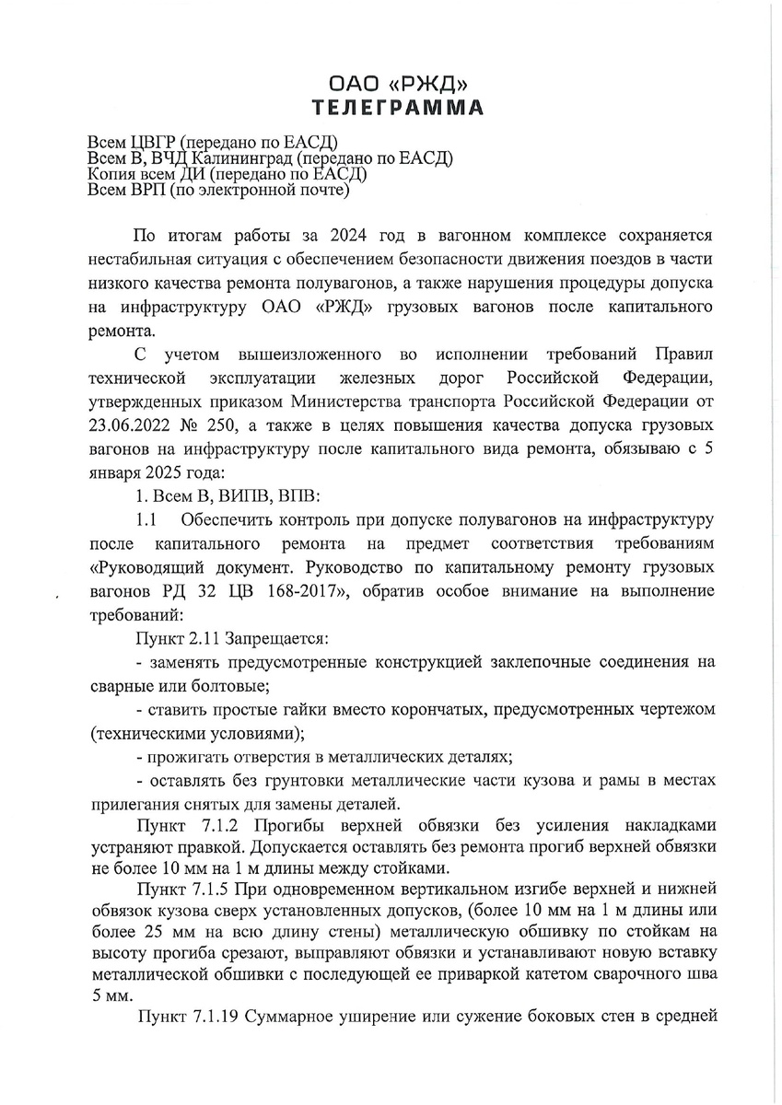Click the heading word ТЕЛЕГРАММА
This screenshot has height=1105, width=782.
(x=397, y=107)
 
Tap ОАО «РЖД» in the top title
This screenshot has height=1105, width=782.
(x=397, y=83)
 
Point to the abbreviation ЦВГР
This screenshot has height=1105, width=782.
(x=149, y=142)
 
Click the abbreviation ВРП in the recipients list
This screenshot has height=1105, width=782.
(x=146, y=191)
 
